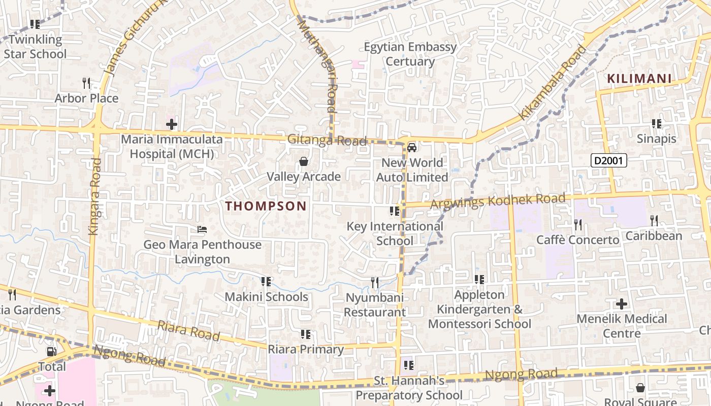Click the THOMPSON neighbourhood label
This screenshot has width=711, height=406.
266,206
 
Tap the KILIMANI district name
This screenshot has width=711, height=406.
639,79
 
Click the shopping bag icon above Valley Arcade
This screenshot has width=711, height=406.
304,162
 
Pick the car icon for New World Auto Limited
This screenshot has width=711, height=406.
412,148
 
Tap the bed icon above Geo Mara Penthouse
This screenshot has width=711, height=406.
202,230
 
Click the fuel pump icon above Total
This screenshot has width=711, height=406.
51,352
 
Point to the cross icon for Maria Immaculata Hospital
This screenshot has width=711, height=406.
172,124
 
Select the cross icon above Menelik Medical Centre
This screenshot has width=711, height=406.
622,304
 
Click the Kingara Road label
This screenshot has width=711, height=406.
94,196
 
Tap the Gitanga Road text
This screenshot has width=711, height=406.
327,140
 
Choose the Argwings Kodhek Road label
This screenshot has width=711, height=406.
498,201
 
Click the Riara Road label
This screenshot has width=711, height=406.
188,330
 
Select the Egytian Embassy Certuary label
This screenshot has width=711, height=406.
410,54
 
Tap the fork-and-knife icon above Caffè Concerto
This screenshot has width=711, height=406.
577,224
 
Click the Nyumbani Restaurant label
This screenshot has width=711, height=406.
375,305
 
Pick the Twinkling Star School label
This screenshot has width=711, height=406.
35,47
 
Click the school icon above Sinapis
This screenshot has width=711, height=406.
656,124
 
